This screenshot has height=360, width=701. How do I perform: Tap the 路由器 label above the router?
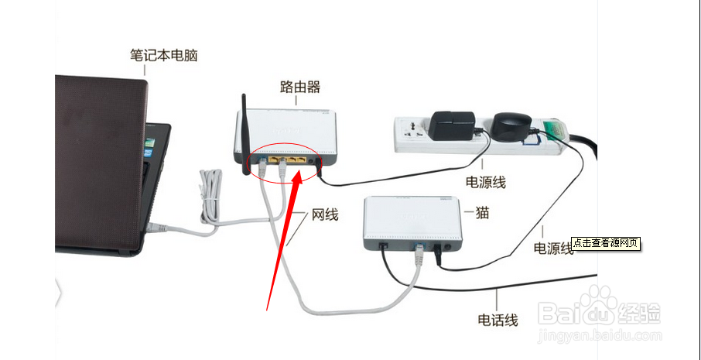click(300, 87)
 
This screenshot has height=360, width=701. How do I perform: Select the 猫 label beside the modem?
click(482, 211)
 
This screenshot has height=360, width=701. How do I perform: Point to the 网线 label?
click(325, 214)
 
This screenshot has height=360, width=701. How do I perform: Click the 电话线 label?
click(498, 318)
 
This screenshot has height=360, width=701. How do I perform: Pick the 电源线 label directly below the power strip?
click(485, 182)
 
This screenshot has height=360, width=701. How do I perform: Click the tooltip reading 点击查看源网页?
click(606, 243)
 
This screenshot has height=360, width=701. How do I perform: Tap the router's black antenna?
click(246, 132)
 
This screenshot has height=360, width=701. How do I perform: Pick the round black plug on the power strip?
click(511, 126)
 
